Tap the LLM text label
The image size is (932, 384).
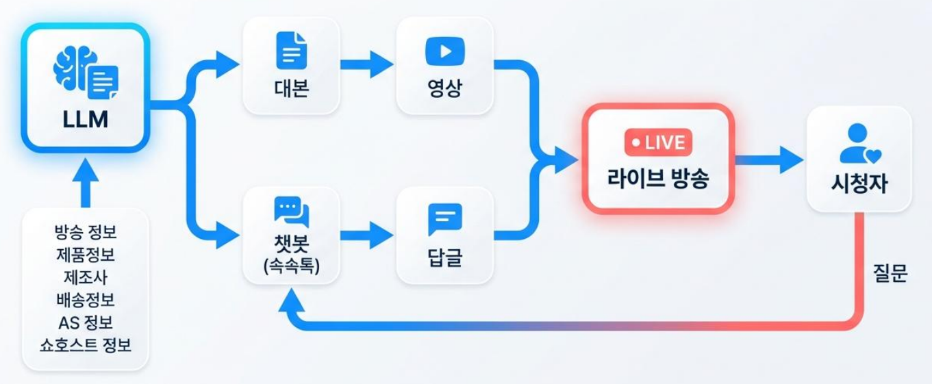point(86,119)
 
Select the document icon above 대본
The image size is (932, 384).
point(292,51)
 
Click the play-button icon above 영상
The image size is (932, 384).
point(445,51)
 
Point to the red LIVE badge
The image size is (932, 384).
point(658,142)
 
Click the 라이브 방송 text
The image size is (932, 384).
point(658,178)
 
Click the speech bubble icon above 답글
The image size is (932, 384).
point(445,220)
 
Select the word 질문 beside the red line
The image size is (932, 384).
point(890,273)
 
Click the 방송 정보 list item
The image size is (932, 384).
point(86,232)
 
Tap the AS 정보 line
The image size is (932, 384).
point(86,322)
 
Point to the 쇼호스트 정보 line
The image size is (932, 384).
point(86,344)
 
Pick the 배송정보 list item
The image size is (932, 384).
point(86,299)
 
